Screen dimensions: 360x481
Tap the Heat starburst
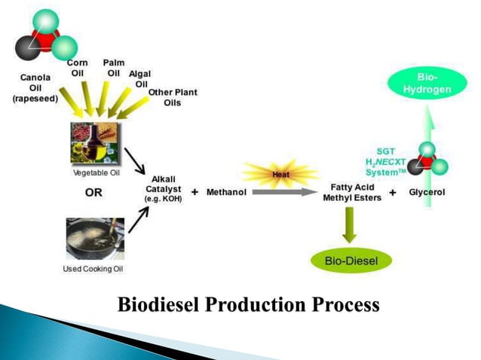(280, 175)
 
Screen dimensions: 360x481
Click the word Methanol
(226, 193)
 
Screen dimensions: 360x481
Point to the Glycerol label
(427, 193)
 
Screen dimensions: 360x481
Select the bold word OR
(93, 193)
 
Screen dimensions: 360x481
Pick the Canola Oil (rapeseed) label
(35, 87)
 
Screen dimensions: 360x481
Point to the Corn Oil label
(78, 68)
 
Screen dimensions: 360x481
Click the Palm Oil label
(114, 68)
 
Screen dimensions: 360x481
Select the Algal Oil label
(139, 78)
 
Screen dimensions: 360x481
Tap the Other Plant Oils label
(173, 97)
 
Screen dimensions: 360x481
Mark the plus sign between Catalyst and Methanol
(195, 193)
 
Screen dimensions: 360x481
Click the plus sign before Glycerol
(393, 193)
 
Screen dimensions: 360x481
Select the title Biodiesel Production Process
(248, 305)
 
